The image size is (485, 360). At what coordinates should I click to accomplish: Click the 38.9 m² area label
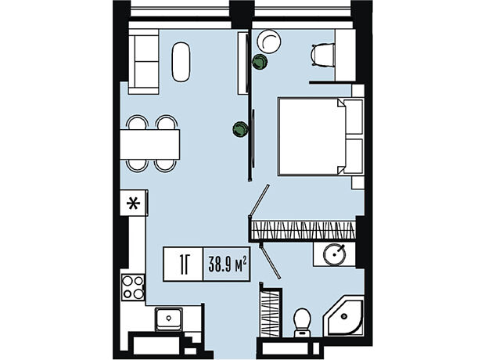tap(228, 265)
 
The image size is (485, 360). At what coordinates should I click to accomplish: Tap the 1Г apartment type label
tap(184, 264)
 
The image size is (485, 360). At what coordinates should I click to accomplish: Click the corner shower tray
tap(343, 315)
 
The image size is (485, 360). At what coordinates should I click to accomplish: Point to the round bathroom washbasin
tap(334, 254)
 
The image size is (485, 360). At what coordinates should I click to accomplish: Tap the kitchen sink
tap(168, 319)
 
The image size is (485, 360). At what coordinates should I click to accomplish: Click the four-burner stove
tap(133, 287)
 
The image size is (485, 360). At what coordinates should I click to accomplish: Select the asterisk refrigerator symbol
tap(133, 203)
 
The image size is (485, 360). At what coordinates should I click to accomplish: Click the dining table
tap(150, 144)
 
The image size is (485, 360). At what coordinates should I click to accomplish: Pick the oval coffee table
tap(181, 63)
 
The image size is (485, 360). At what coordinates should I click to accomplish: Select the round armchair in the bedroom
tap(270, 41)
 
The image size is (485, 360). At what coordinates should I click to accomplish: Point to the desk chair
tap(323, 55)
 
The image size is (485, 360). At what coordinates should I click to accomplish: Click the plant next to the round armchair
tap(259, 62)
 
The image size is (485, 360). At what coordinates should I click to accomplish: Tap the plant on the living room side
tap(240, 129)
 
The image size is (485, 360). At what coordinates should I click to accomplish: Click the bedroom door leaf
tap(259, 200)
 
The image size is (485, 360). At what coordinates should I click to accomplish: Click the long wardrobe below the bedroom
tap(304, 230)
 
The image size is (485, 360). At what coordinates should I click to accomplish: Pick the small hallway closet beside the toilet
tap(271, 312)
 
